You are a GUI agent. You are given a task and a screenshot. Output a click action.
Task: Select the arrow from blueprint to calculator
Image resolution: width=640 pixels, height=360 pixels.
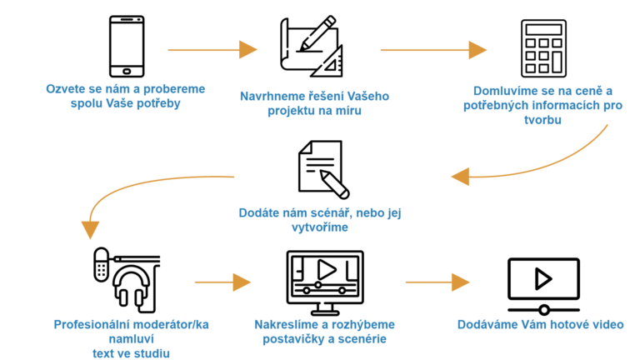pos(433,50)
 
